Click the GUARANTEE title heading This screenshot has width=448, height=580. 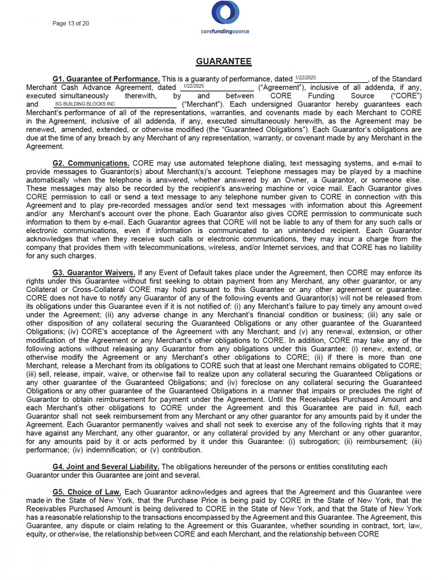[x=224, y=61]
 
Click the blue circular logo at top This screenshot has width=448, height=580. [x=225, y=13]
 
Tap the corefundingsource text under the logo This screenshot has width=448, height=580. [x=225, y=31]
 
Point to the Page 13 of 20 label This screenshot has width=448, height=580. [x=71, y=23]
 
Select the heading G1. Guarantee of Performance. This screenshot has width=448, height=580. [x=106, y=79]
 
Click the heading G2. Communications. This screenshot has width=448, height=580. [x=91, y=164]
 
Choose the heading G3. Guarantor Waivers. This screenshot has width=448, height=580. [x=93, y=273]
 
